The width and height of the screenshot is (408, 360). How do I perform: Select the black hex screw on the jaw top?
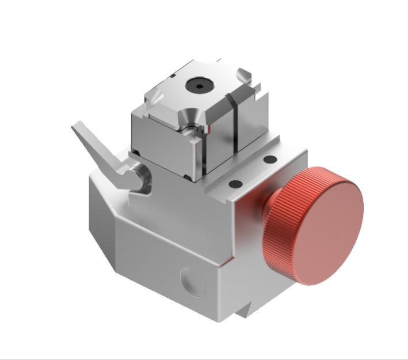(x=199, y=86)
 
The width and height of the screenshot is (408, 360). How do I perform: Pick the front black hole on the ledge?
(x=235, y=184)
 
